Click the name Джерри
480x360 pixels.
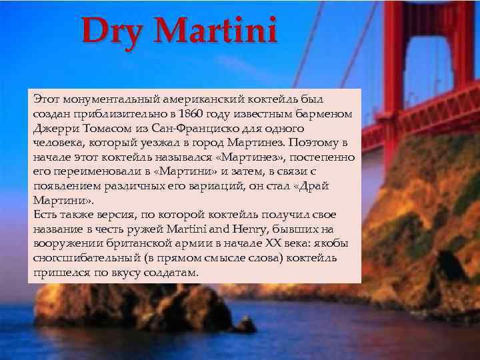click(x=54, y=128)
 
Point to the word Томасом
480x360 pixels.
click(x=103, y=128)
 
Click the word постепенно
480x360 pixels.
click(x=323, y=157)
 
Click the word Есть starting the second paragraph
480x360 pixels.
click(x=43, y=214)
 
